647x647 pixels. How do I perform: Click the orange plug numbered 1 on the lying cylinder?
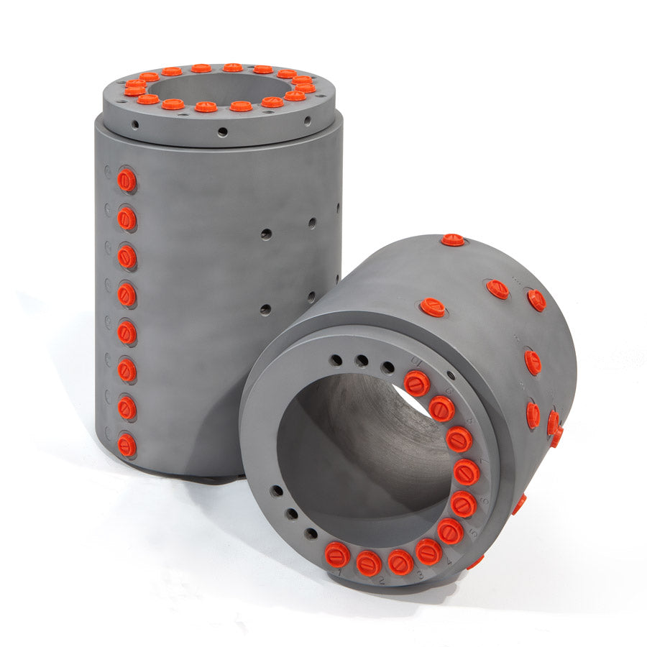pos(336,554)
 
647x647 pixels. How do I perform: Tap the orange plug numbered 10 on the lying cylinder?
pos(417,383)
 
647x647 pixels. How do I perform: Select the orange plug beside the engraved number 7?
pos(466,472)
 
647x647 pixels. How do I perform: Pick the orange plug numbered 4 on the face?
pos(429,552)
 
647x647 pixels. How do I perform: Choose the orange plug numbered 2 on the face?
pos(369,563)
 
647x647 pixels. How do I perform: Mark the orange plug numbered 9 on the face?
pos(441,408)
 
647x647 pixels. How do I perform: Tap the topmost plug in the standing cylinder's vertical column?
pos(127,180)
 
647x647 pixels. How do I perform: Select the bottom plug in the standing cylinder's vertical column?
pos(127,445)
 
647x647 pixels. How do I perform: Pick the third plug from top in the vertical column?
pos(127,257)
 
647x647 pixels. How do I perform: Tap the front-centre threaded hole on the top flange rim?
pos(222,132)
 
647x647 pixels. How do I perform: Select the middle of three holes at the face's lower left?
pos(292,513)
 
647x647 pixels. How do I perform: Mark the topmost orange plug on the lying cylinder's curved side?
pos(453,239)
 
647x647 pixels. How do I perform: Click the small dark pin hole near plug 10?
pos(450,375)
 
